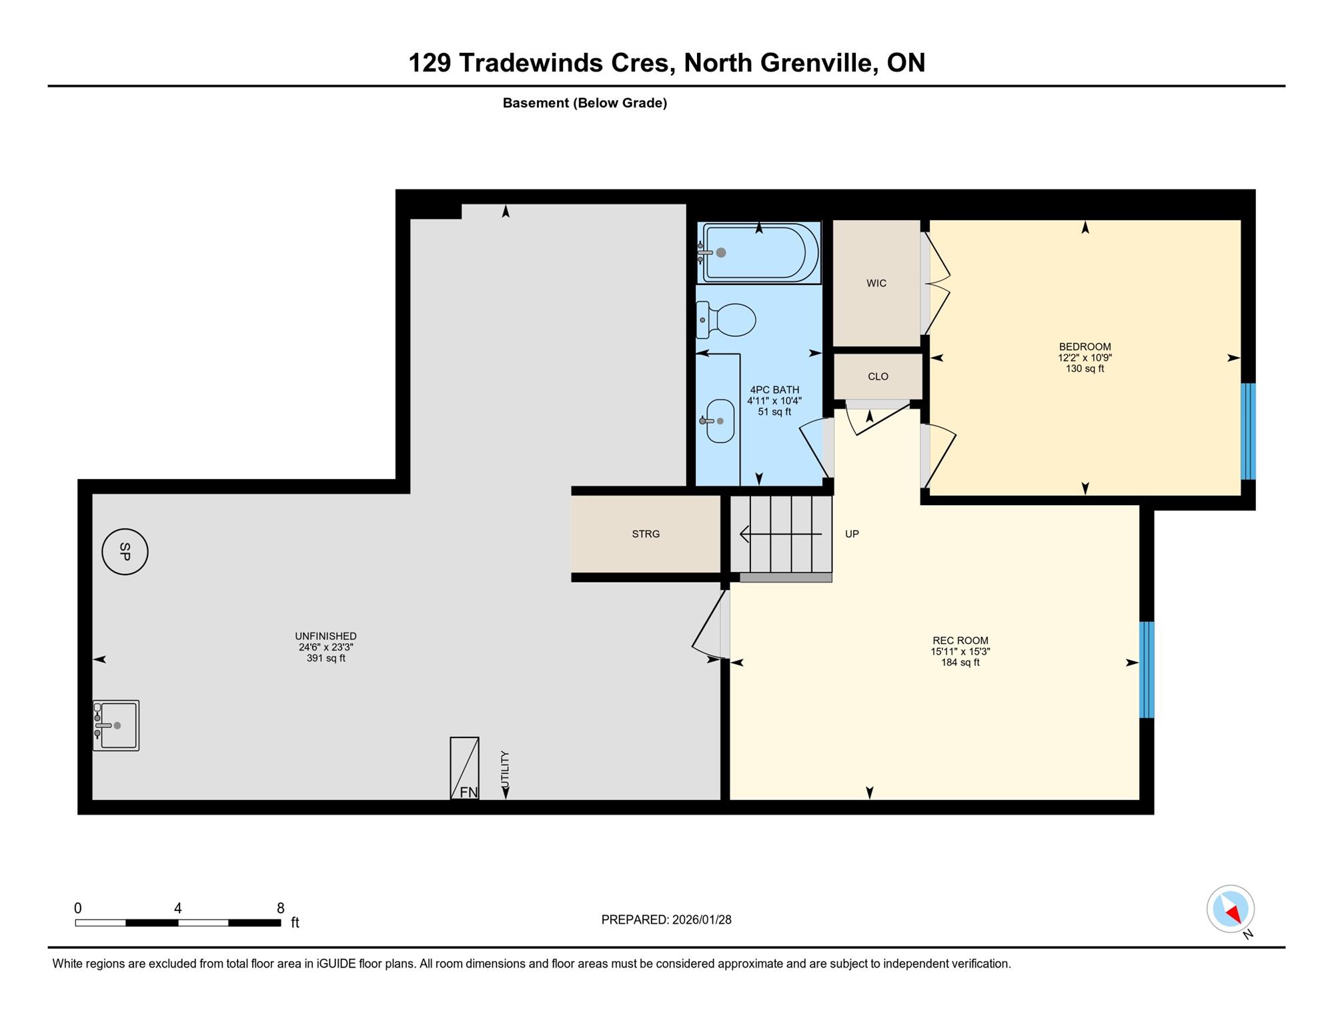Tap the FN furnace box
click(x=464, y=768)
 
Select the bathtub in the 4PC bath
click(x=759, y=253)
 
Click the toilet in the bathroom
click(x=726, y=320)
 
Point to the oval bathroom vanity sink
click(x=720, y=421)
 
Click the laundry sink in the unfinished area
click(x=115, y=725)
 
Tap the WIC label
click(x=876, y=283)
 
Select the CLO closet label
click(x=878, y=376)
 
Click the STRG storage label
click(x=646, y=534)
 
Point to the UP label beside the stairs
click(x=852, y=534)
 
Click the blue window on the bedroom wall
click(x=1248, y=431)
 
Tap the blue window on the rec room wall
click(x=1147, y=670)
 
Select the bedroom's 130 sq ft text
click(x=1085, y=368)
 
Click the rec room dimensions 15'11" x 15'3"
click(x=960, y=651)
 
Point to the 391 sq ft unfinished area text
click(x=325, y=658)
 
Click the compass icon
click(x=1231, y=909)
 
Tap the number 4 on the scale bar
click(x=177, y=908)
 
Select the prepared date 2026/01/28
click(x=702, y=920)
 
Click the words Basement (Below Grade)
click(x=585, y=103)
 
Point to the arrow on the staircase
click(x=781, y=534)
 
